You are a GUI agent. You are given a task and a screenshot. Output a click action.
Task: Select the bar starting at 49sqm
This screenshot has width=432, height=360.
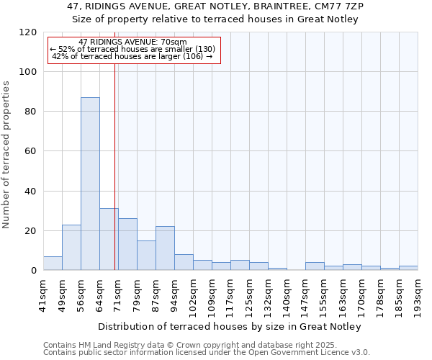coord(71,248)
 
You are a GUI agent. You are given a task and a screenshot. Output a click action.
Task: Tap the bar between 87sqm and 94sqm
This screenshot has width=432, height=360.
coord(165,248)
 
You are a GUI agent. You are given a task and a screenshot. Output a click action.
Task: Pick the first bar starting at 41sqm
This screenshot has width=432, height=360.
coord(53,264)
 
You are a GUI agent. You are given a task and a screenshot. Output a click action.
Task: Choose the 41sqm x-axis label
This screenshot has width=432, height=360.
coord(44,291)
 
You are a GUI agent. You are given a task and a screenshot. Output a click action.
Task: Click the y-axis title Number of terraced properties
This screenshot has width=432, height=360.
coord(6,154)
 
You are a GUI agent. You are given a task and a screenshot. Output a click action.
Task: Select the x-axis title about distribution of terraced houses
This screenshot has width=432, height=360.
coord(230,326)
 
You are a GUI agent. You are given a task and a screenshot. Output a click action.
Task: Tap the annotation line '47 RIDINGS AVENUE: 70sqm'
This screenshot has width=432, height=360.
coord(132,42)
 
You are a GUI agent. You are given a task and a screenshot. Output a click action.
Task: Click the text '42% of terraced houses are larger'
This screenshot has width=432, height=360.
coord(115,56)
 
